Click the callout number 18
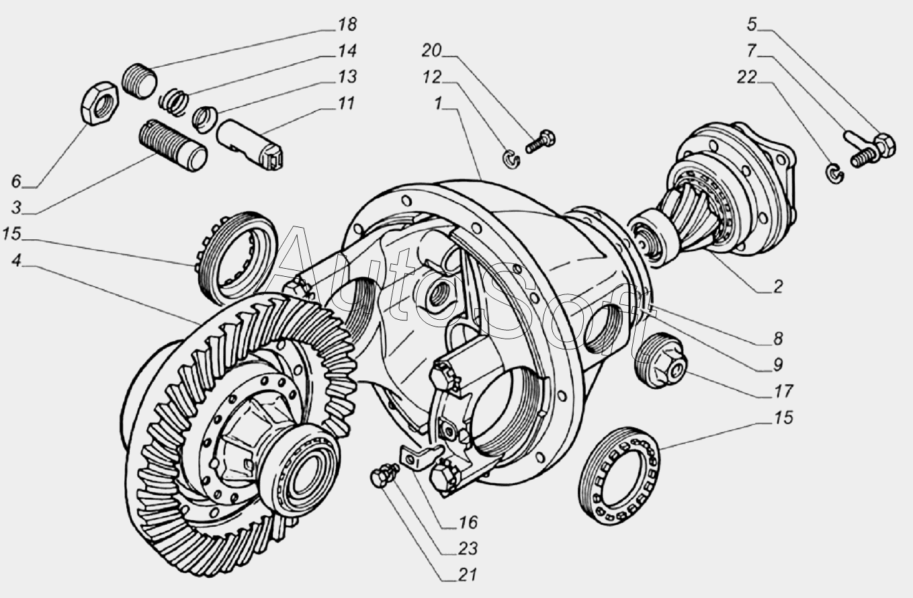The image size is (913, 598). pos(347,24)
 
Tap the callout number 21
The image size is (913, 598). pos(467,574)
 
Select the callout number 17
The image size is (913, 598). pos(783,391)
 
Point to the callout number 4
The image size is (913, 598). pos(16,260)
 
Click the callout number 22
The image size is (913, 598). pos(746,77)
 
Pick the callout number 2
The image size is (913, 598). pos(778,286)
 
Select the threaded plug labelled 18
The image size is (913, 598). pos(139,81)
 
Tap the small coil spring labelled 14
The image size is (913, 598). pos(173,102)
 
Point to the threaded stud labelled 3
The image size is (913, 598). pos(173,146)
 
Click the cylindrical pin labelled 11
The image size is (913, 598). pos(250,144)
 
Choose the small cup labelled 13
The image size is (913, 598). pos(205,119)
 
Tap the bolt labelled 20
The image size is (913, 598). pos(540,142)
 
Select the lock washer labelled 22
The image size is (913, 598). pos(835,173)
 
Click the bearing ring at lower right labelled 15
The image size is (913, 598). pos(619,476)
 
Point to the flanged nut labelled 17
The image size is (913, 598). pos(661,360)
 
